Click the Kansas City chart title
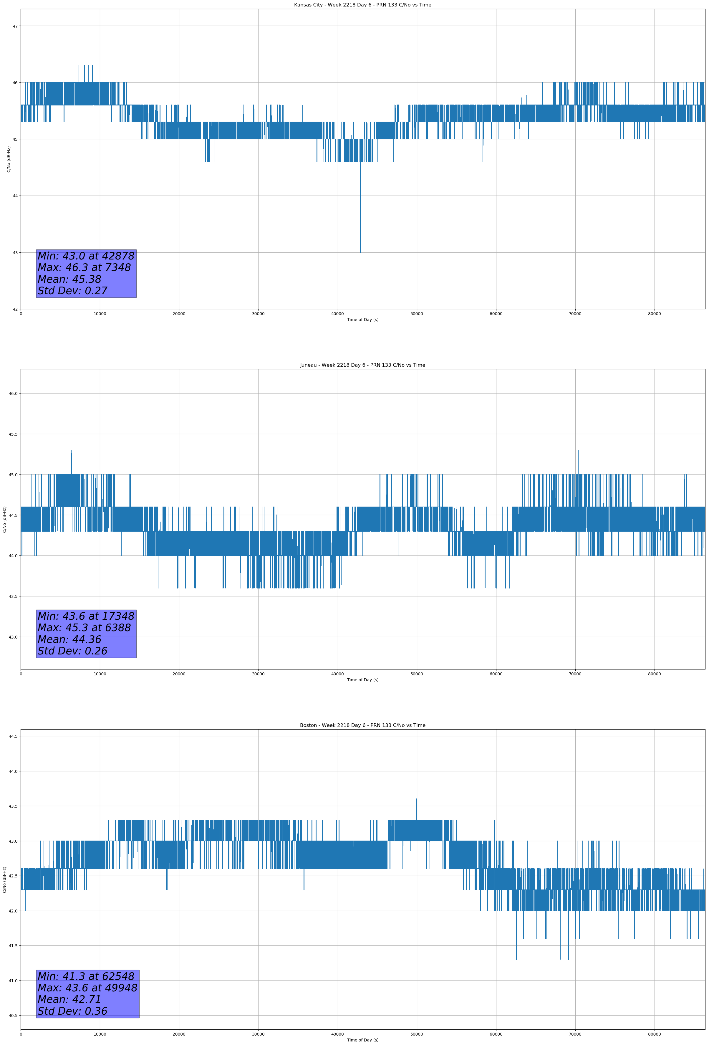tap(362, 5)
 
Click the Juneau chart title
tap(362, 365)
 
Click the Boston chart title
tap(362, 725)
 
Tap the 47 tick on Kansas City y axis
tap(15, 26)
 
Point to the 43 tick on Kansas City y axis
tap(15, 253)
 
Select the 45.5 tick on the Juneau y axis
tap(13, 434)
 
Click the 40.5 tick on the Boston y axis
tap(13, 1015)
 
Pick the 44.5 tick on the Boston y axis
tap(13, 736)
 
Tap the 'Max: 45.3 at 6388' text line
tap(84, 628)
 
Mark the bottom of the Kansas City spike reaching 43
tap(360, 251)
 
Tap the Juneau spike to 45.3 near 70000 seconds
tap(578, 451)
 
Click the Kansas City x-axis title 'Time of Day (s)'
tap(362, 320)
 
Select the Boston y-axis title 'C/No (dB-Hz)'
tap(4, 879)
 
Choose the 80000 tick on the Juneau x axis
tap(654, 674)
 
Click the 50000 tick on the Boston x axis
tap(416, 1034)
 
